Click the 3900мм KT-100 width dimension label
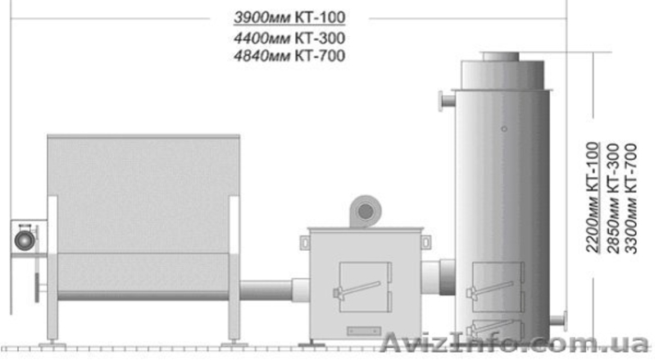point(289,17)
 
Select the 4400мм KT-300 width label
point(289,38)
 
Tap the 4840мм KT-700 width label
point(289,56)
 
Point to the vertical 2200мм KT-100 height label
point(593,197)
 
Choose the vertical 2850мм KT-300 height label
point(613,198)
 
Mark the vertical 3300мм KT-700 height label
point(630,198)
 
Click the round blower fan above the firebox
point(365,212)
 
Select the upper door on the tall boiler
point(497,287)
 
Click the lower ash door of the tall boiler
point(496,329)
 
